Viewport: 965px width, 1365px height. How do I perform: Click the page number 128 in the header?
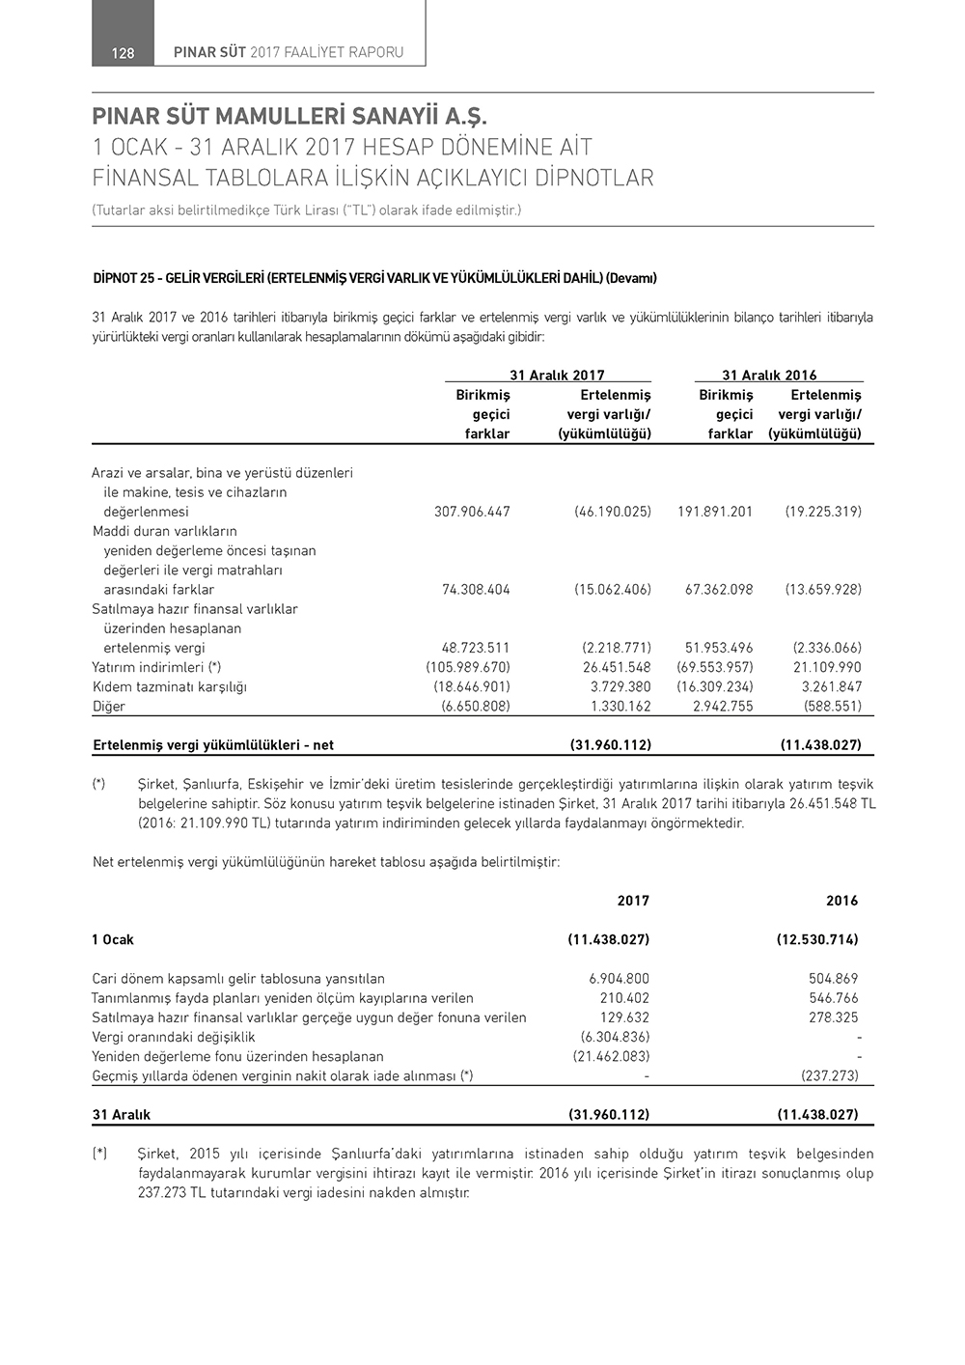tap(123, 53)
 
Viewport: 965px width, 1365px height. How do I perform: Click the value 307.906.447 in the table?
tap(472, 512)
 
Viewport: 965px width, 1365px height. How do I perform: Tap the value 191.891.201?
tap(715, 512)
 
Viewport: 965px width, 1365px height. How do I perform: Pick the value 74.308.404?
tap(476, 590)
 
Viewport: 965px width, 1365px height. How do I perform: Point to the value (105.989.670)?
tap(468, 667)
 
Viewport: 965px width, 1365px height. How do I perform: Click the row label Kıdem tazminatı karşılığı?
tap(170, 687)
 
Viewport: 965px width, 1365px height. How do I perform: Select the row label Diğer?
tap(109, 707)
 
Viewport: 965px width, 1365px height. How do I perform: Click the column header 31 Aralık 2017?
tap(557, 376)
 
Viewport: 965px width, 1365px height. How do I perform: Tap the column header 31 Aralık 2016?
tap(769, 376)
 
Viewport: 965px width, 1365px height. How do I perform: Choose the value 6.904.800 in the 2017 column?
tap(619, 979)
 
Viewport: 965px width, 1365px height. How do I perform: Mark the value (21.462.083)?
tap(611, 1056)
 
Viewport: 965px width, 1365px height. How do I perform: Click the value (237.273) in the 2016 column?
tap(830, 1075)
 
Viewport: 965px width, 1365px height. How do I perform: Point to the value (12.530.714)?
tap(817, 939)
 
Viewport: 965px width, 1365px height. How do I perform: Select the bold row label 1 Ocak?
tap(113, 939)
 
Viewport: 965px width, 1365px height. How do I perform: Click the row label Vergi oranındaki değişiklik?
tap(174, 1037)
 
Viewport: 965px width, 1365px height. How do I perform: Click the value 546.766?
tap(834, 998)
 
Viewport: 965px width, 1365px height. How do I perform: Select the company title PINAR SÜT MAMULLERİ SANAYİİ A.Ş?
tap(290, 118)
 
